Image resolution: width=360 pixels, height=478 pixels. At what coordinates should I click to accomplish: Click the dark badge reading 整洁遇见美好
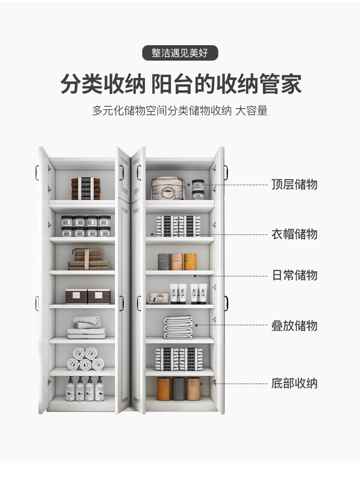(180, 53)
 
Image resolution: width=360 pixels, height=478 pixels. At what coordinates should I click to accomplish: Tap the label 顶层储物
(294, 185)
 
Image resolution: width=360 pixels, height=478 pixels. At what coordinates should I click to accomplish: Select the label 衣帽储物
(294, 234)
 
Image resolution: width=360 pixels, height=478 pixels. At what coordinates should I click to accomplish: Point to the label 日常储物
(294, 275)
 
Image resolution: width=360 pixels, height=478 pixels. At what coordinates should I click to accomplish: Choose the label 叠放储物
(294, 326)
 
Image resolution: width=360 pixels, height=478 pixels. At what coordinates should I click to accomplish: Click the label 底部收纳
(294, 383)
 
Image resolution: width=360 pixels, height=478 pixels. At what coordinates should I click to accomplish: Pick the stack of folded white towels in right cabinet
(178, 327)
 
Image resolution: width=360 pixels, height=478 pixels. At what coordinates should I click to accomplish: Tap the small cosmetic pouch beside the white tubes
(157, 298)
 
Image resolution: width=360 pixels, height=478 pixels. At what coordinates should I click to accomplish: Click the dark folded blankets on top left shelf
(86, 188)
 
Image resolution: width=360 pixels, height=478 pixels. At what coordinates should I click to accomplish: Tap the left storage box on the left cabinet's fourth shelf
(76, 296)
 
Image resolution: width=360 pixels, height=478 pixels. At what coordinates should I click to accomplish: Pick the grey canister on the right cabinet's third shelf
(164, 262)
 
